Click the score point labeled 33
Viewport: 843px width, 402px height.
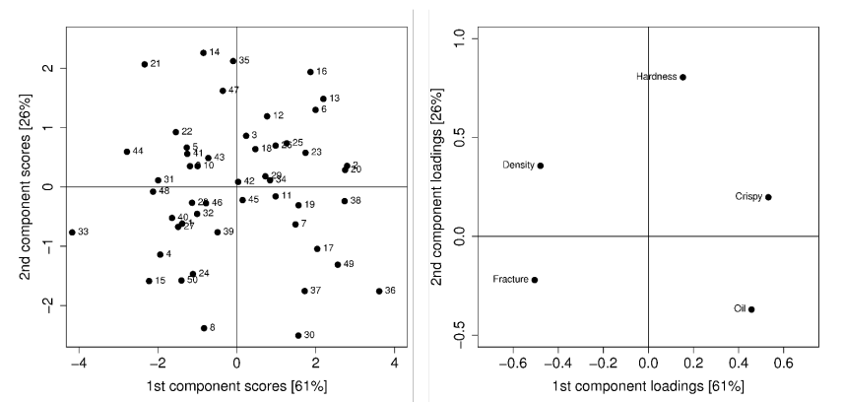tap(72, 233)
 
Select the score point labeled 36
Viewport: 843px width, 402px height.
tap(379, 291)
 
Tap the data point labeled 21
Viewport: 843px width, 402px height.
tap(145, 64)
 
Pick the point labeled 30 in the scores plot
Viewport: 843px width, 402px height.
tap(298, 335)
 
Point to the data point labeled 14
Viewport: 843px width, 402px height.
tap(204, 53)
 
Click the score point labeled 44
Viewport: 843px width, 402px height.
tap(127, 152)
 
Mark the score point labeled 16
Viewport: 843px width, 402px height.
tap(310, 72)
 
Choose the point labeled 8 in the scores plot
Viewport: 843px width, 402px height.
tap(204, 328)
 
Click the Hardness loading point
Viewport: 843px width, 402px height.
tap(682, 77)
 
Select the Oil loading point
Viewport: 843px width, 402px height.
tap(751, 309)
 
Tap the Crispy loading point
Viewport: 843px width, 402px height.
tap(768, 197)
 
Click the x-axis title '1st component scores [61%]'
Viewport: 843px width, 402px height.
tap(236, 385)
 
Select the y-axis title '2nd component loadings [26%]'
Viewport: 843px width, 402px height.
tap(438, 187)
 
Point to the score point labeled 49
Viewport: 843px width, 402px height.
tap(338, 264)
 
